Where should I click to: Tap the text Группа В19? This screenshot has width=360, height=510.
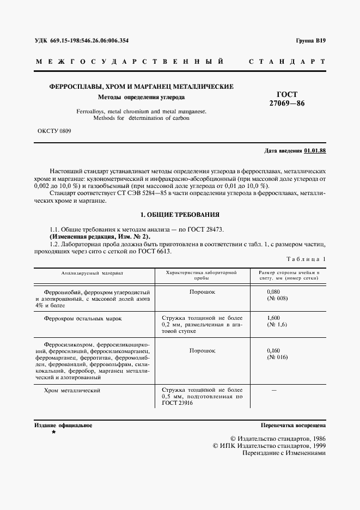point(310,41)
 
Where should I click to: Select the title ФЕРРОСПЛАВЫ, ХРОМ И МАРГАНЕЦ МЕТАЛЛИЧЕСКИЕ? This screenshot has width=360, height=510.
point(142,87)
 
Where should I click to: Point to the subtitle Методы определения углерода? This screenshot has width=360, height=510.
point(141,98)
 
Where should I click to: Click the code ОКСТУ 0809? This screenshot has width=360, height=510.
point(54,131)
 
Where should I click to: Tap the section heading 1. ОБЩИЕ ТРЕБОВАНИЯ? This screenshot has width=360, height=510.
point(180,215)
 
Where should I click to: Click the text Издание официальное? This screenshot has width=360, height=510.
point(63,425)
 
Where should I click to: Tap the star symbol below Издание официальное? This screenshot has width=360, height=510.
point(53,432)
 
